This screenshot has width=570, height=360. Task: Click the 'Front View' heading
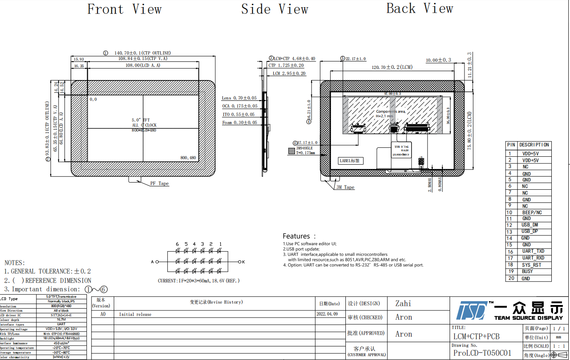tap(124, 9)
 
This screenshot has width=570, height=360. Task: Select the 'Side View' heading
tap(275, 9)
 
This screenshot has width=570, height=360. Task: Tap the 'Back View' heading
tap(420, 8)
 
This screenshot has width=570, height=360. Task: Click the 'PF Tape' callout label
tap(159, 184)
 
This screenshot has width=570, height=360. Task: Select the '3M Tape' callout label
tap(345, 187)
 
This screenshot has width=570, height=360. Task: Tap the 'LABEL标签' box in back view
tap(351, 161)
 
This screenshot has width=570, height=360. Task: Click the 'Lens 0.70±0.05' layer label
tap(239, 98)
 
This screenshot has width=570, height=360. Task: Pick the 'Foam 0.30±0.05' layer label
tap(239, 122)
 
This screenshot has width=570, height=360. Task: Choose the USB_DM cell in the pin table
tap(530, 225)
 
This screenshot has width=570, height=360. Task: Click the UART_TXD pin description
tap(533, 252)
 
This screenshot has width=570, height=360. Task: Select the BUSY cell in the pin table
tap(528, 271)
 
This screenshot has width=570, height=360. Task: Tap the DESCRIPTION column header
tap(534, 145)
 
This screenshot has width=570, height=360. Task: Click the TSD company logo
tap(471, 310)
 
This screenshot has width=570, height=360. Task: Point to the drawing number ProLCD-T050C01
tap(482, 353)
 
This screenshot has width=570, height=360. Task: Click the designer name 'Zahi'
tap(403, 303)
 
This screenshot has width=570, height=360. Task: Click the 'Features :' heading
tap(299, 236)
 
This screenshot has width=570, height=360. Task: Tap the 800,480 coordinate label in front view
tap(188, 158)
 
